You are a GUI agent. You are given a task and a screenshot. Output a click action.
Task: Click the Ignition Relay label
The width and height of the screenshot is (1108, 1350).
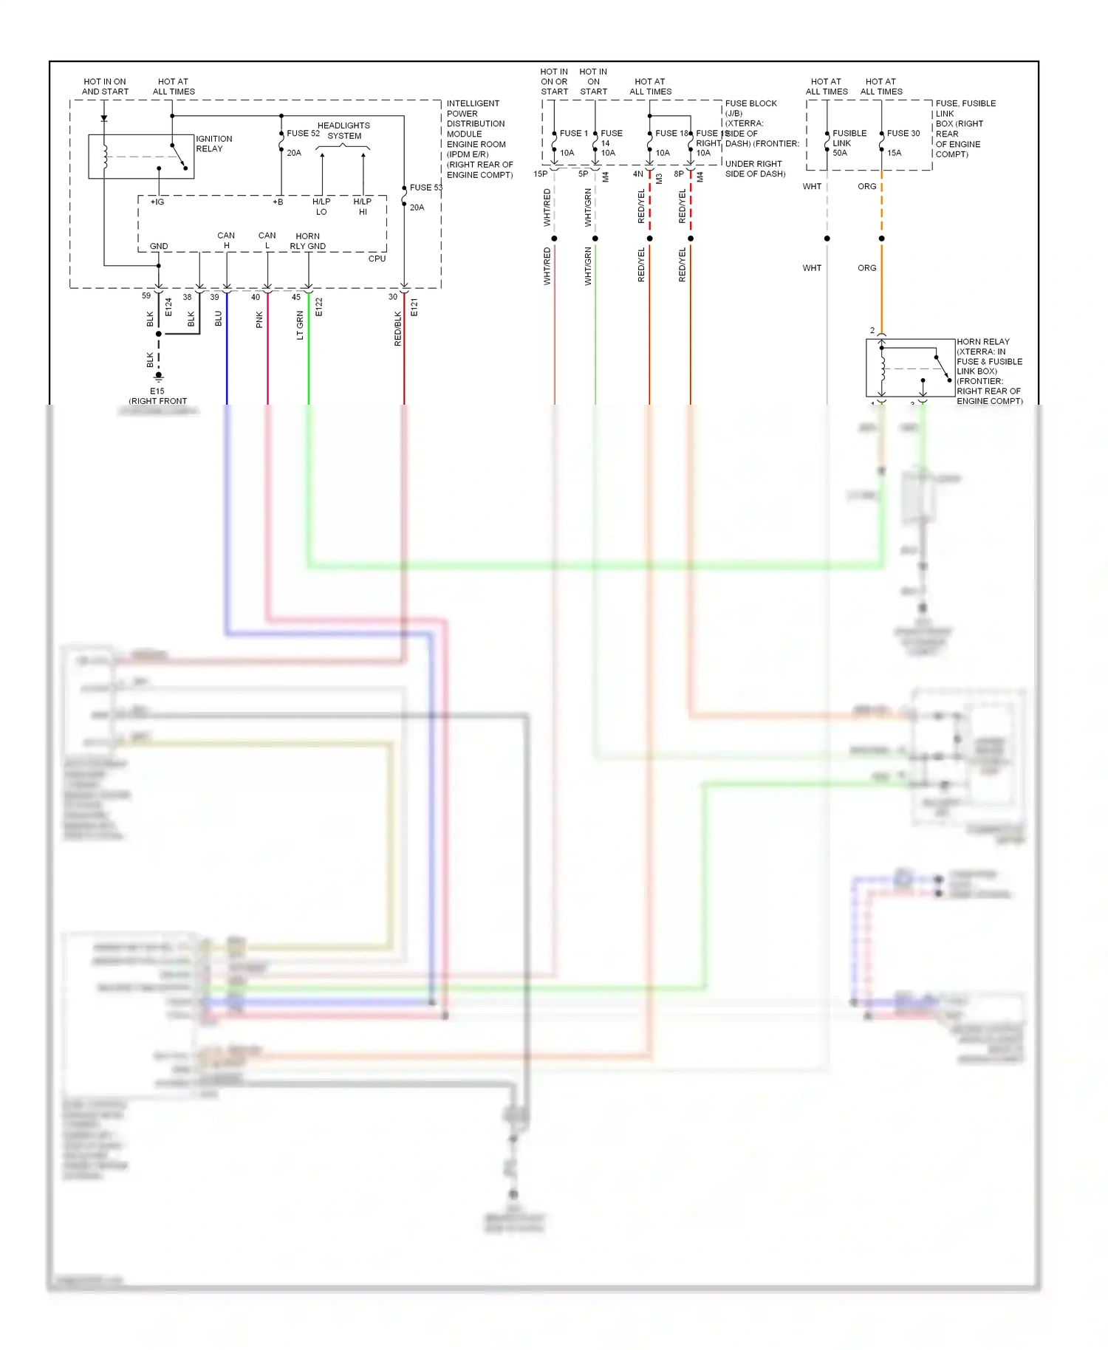tap(213, 143)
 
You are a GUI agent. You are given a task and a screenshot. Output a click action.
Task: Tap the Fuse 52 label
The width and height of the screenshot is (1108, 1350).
tap(303, 134)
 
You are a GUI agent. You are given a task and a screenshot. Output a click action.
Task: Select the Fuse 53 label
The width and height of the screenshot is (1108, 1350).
tap(425, 188)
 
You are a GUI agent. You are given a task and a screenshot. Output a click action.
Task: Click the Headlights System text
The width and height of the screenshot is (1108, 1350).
tap(343, 131)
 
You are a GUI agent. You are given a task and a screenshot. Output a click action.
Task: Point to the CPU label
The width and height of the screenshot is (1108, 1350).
tap(377, 258)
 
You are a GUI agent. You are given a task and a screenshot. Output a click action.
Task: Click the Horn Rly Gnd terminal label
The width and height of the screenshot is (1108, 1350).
tap(307, 241)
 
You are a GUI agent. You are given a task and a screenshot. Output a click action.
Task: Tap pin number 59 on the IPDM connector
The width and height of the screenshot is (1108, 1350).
tap(146, 295)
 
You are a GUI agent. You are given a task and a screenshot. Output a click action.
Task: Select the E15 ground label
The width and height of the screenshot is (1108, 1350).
tap(157, 391)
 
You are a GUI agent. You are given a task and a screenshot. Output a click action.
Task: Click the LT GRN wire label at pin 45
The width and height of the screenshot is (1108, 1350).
tap(300, 325)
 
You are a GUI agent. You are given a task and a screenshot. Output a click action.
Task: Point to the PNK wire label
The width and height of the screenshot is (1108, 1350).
tap(259, 320)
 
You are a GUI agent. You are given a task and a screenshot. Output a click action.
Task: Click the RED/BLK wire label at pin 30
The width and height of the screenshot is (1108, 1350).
tap(398, 329)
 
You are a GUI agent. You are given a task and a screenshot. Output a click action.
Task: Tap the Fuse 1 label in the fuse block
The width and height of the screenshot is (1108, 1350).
tap(573, 134)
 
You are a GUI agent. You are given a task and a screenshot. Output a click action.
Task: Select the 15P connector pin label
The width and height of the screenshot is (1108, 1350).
tap(540, 174)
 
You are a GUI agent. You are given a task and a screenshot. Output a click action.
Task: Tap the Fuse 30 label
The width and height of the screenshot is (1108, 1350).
tap(903, 134)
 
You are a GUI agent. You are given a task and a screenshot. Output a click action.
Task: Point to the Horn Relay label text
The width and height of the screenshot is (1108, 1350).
tap(982, 342)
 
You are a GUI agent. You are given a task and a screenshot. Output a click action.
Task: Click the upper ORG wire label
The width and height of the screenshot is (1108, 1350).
tap(866, 187)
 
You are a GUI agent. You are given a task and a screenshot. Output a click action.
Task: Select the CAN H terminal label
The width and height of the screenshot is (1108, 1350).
tap(226, 240)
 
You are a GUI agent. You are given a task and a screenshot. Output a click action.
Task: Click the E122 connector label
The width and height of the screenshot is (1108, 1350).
tap(319, 307)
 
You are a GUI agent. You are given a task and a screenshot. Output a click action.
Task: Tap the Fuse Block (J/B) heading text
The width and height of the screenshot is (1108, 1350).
tap(750, 108)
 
